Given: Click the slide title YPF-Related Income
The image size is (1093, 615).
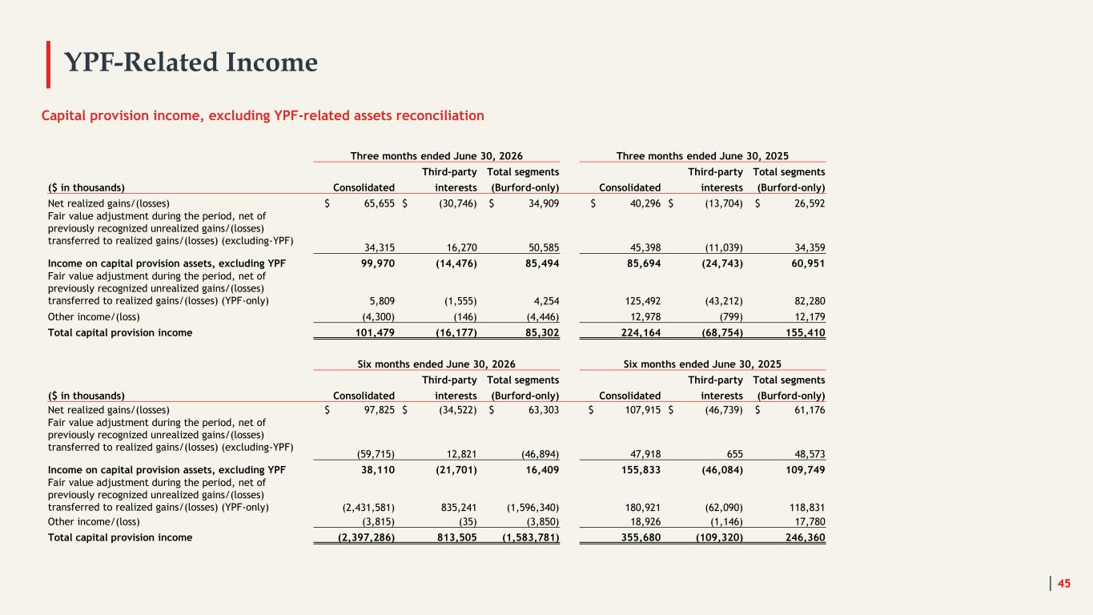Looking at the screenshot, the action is [191, 62].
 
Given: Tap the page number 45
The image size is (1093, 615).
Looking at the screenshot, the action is [1063, 583].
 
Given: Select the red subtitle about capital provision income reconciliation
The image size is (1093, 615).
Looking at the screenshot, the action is [263, 115].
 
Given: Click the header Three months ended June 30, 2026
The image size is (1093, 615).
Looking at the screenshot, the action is [436, 155].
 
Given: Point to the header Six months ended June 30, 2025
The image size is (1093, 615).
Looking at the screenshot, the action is [702, 364].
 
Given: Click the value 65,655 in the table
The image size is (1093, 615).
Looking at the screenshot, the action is [379, 203].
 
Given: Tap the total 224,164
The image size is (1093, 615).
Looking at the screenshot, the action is [641, 333].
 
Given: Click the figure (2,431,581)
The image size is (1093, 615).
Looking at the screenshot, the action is [368, 508].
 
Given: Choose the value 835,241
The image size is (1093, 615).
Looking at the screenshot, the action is [459, 508].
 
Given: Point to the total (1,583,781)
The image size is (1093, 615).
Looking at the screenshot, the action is [530, 537].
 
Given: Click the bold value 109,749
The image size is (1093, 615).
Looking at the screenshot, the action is [805, 470].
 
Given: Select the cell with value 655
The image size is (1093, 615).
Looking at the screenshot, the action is [734, 454].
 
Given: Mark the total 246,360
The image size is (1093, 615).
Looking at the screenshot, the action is [805, 537].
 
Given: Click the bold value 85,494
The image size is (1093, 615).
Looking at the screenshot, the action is [542, 263].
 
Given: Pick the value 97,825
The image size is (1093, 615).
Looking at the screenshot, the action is [379, 410].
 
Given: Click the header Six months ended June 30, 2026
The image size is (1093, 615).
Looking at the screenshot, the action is [436, 364].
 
